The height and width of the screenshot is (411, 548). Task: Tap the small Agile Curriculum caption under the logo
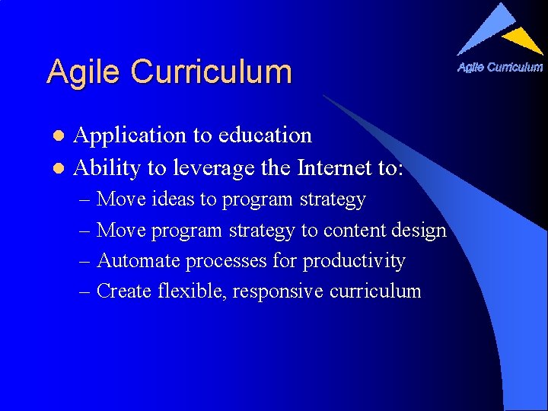500,67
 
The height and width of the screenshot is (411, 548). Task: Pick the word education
264,135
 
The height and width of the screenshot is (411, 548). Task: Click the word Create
126,291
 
